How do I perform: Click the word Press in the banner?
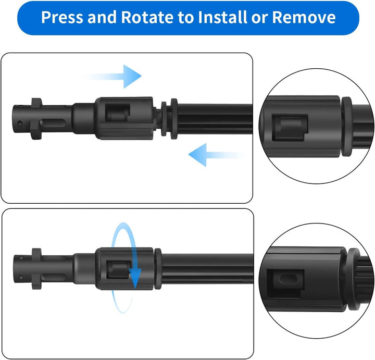61,17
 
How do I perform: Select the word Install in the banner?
223,17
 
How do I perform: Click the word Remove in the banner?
304,17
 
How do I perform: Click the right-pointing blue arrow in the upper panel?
113,76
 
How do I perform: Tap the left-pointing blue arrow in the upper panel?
217,155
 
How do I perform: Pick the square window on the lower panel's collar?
119,270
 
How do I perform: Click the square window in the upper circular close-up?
290,127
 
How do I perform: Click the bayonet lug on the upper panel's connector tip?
36,119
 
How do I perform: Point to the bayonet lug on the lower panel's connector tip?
36,268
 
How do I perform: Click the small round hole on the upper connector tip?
20,123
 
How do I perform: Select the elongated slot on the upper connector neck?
53,123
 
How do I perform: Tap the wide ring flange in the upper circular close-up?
346,127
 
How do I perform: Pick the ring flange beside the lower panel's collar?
158,269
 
